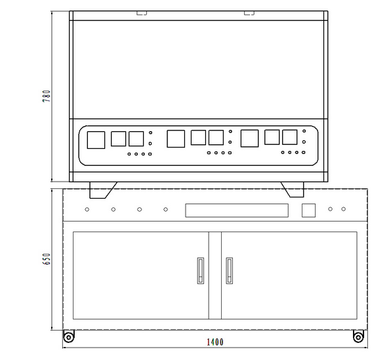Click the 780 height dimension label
click(x=47, y=96)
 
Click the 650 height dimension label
click(x=47, y=259)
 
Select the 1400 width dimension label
click(x=215, y=342)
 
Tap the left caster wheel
click(x=68, y=337)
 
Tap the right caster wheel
click(x=358, y=337)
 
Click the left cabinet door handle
click(x=201, y=271)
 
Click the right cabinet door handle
click(x=230, y=271)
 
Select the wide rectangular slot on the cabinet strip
click(x=237, y=210)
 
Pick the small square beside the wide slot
click(x=308, y=210)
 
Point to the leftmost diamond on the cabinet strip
click(x=87, y=209)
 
